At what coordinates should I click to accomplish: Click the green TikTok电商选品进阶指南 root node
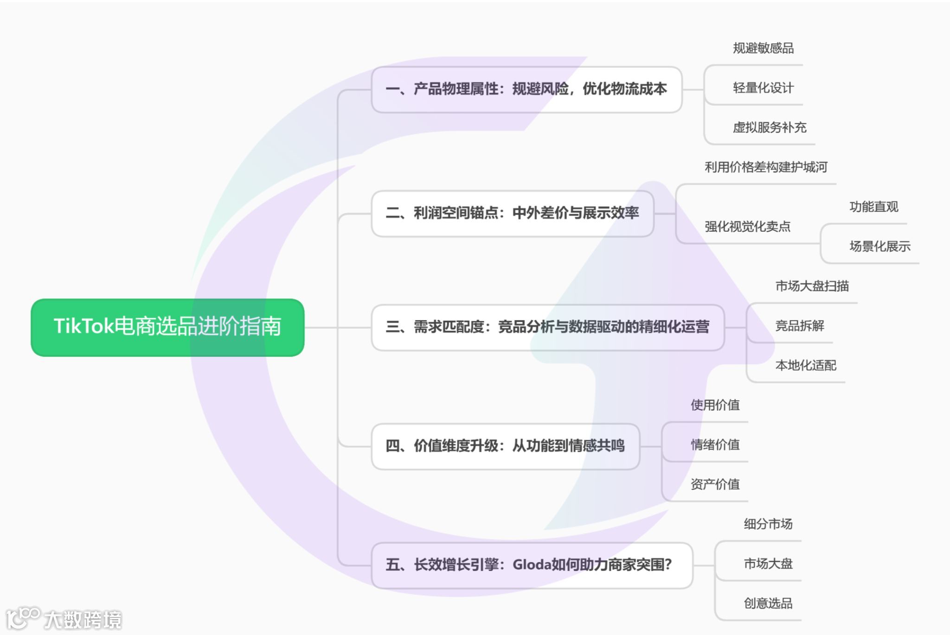pyautogui.click(x=167, y=327)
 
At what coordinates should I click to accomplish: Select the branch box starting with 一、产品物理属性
pyautogui.click(x=526, y=89)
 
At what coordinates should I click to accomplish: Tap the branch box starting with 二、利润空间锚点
pyautogui.click(x=513, y=213)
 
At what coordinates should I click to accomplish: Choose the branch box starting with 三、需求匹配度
pyautogui.click(x=547, y=327)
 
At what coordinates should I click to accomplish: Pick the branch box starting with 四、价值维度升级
pyautogui.click(x=505, y=446)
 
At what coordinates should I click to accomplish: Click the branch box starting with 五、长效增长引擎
pyautogui.click(x=532, y=565)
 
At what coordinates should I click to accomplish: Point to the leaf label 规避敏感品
pyautogui.click(x=763, y=48)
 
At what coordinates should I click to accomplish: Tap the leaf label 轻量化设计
pyautogui.click(x=763, y=88)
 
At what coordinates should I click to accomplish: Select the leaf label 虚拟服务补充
pyautogui.click(x=770, y=127)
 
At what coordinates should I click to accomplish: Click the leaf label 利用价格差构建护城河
pyautogui.click(x=766, y=167)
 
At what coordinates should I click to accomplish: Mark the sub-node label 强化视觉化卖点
pyautogui.click(x=747, y=227)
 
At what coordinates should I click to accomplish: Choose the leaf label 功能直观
pyautogui.click(x=874, y=207)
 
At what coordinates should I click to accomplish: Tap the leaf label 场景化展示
pyautogui.click(x=880, y=247)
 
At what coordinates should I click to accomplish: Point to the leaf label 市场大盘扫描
pyautogui.click(x=812, y=286)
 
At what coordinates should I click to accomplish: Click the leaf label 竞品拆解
pyautogui.click(x=800, y=326)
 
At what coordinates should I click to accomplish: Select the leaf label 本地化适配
pyautogui.click(x=806, y=366)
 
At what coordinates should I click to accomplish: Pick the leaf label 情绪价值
pyautogui.click(x=715, y=445)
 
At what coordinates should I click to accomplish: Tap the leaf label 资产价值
pyautogui.click(x=715, y=484)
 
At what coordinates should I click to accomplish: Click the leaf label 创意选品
pyautogui.click(x=768, y=603)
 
